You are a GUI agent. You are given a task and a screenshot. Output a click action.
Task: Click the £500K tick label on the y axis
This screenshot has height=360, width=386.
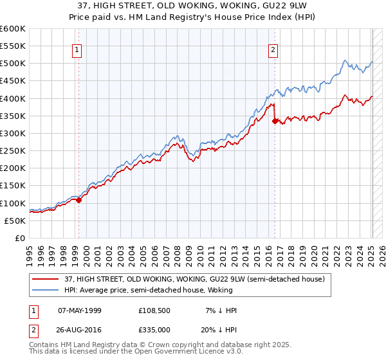(13, 64)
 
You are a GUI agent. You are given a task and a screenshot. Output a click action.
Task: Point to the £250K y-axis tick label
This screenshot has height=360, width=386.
(13, 150)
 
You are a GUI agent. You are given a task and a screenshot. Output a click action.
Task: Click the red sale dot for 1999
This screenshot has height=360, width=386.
(79, 200)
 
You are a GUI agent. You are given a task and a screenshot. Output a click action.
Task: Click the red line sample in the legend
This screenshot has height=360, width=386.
(46, 279)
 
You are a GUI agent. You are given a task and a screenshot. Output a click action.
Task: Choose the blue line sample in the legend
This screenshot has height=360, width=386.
(46, 290)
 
